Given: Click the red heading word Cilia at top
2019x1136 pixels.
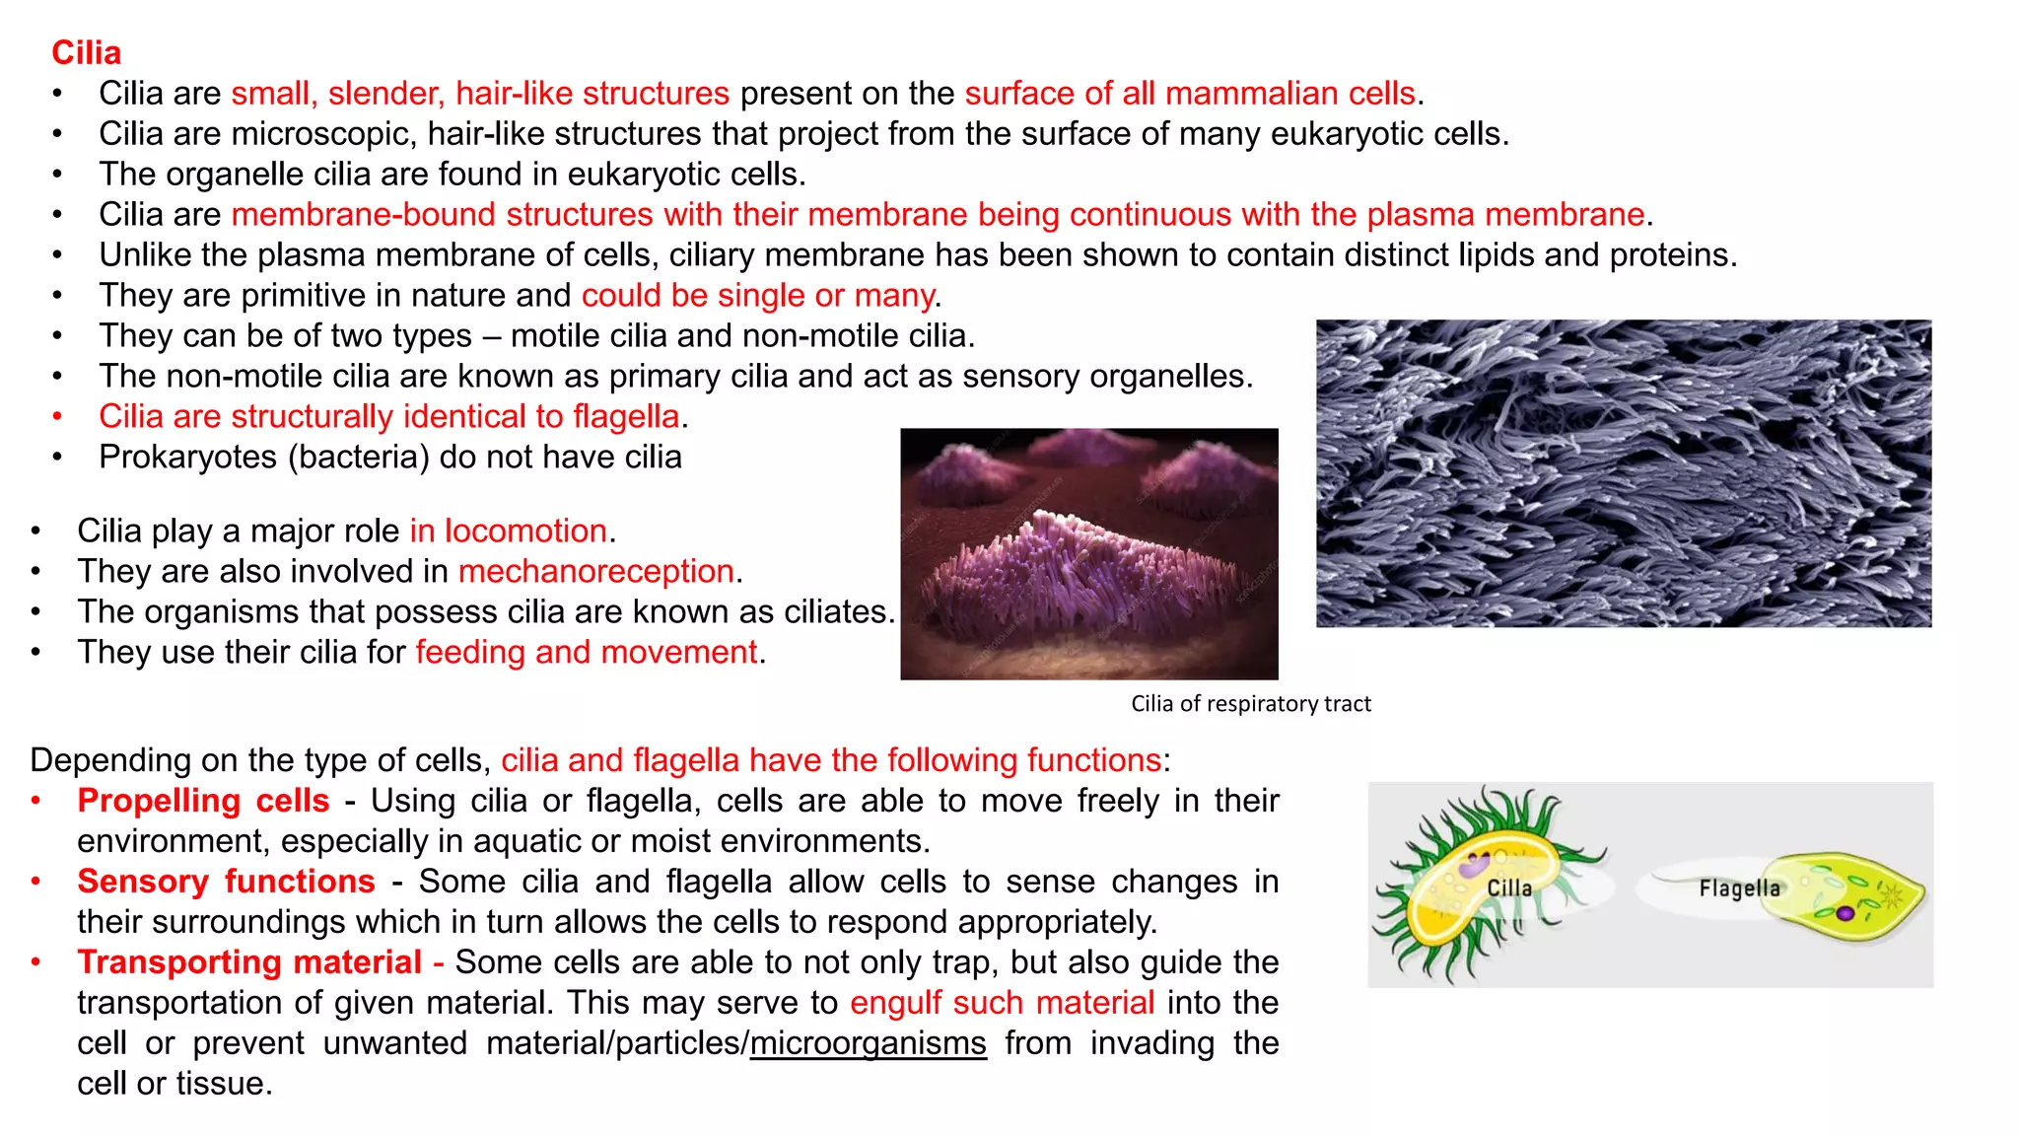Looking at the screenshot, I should coord(87,53).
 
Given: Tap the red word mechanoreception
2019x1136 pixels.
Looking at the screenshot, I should coord(595,572).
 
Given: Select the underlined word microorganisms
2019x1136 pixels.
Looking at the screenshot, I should coord(868,1043).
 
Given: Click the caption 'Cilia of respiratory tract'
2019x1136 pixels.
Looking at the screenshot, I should coord(1250,704).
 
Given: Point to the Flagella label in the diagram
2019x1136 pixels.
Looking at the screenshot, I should coord(1739,888).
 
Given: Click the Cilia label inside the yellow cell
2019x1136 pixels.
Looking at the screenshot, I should coord(1509,888).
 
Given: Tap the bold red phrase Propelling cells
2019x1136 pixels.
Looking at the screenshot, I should coord(203,801).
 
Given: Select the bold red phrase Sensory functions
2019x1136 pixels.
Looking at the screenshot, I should coord(226,882).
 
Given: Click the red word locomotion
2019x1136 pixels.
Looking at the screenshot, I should coord(524,532).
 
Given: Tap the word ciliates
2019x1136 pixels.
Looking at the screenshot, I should coord(838,612).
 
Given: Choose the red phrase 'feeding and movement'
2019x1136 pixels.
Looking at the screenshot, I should coord(586,653).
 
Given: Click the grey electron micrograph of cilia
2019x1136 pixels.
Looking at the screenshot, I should coord(1623,473).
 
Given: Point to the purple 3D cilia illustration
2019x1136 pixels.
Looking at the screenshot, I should coord(1088,554).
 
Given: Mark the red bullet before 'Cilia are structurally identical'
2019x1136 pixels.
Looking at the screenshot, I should coord(57,417).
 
